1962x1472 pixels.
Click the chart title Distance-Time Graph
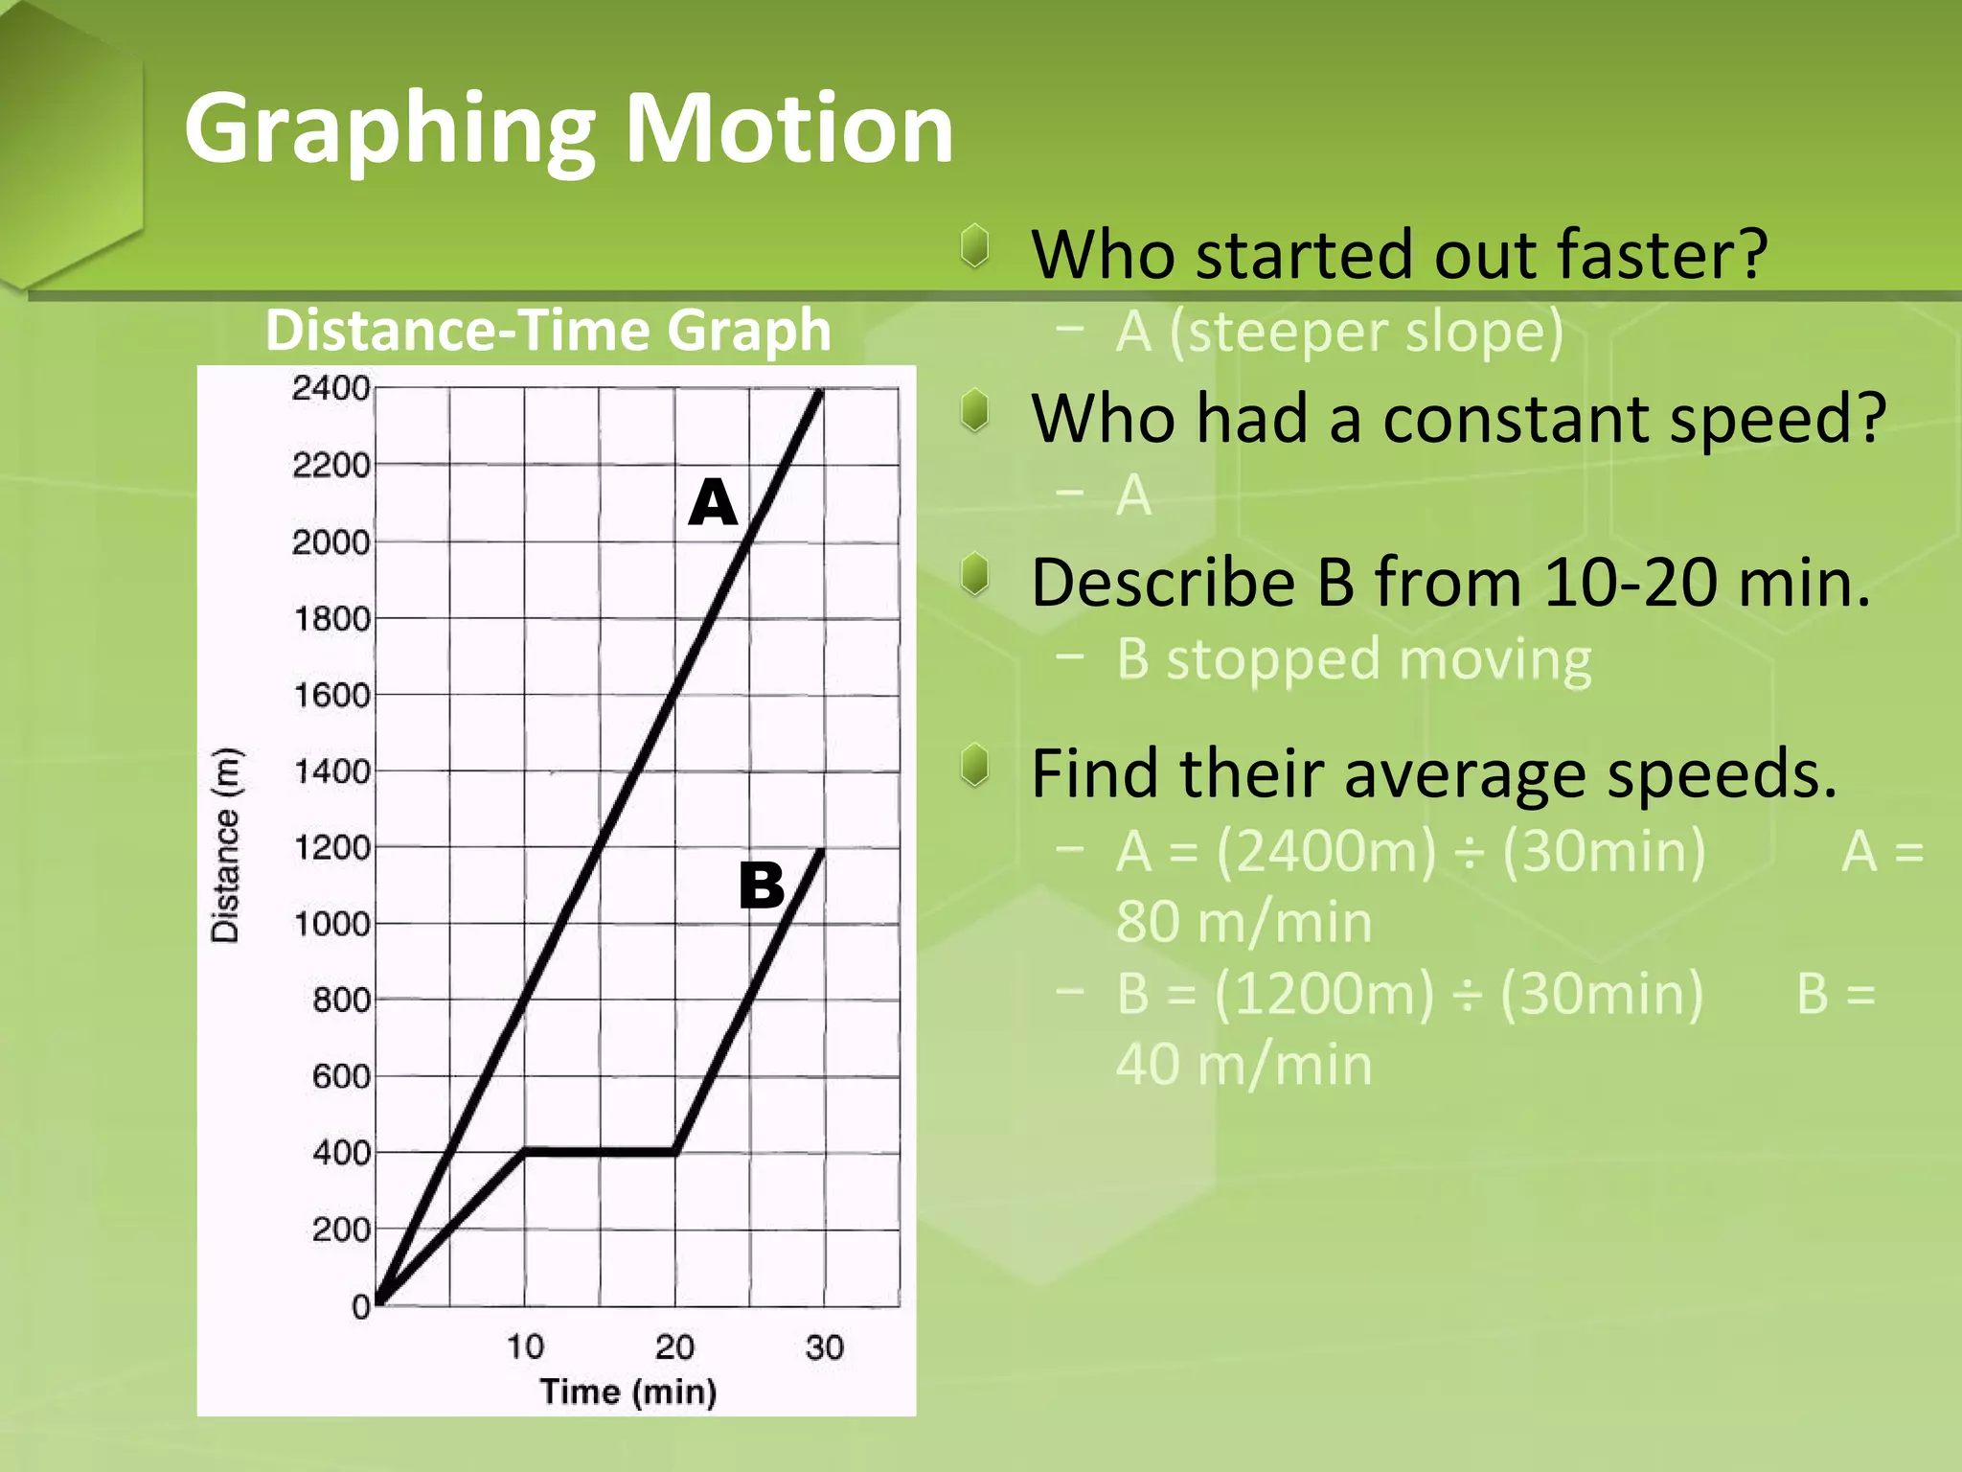547,331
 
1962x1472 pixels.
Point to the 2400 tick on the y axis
331,389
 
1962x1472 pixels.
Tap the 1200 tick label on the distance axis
331,848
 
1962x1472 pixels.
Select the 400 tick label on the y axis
341,1153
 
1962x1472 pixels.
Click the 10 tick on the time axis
525,1347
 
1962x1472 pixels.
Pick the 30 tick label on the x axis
824,1347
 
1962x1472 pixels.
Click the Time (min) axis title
627,1391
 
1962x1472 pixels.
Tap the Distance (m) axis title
226,845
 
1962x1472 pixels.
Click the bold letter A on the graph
713,502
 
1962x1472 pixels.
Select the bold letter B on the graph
762,885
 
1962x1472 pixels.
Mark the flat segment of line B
600,1151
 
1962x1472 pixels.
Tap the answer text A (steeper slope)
1339,332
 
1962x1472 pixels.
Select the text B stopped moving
1354,660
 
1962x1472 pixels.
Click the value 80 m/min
1243,922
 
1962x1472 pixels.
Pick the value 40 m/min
1243,1065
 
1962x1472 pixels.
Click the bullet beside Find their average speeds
975,767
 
